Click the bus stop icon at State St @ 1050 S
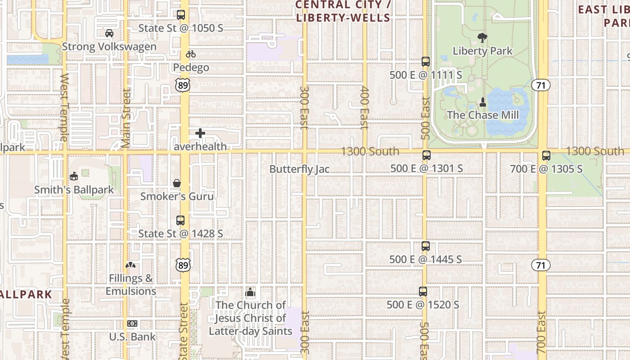[181, 15]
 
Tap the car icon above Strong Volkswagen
[109, 33]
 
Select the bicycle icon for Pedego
[191, 54]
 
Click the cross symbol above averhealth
[200, 133]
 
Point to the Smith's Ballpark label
[74, 190]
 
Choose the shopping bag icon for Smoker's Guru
[177, 184]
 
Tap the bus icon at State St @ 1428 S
[180, 220]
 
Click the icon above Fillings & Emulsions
[131, 265]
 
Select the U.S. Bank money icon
[132, 324]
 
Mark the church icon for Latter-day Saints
[250, 292]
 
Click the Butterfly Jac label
[299, 169]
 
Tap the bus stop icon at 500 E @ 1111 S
[426, 62]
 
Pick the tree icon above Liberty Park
[482, 37]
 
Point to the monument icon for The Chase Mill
[483, 102]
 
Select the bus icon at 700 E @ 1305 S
[546, 156]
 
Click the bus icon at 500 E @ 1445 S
[426, 246]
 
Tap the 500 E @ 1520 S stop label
[423, 305]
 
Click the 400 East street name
[364, 108]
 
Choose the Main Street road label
[126, 118]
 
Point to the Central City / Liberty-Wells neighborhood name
[342, 11]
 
